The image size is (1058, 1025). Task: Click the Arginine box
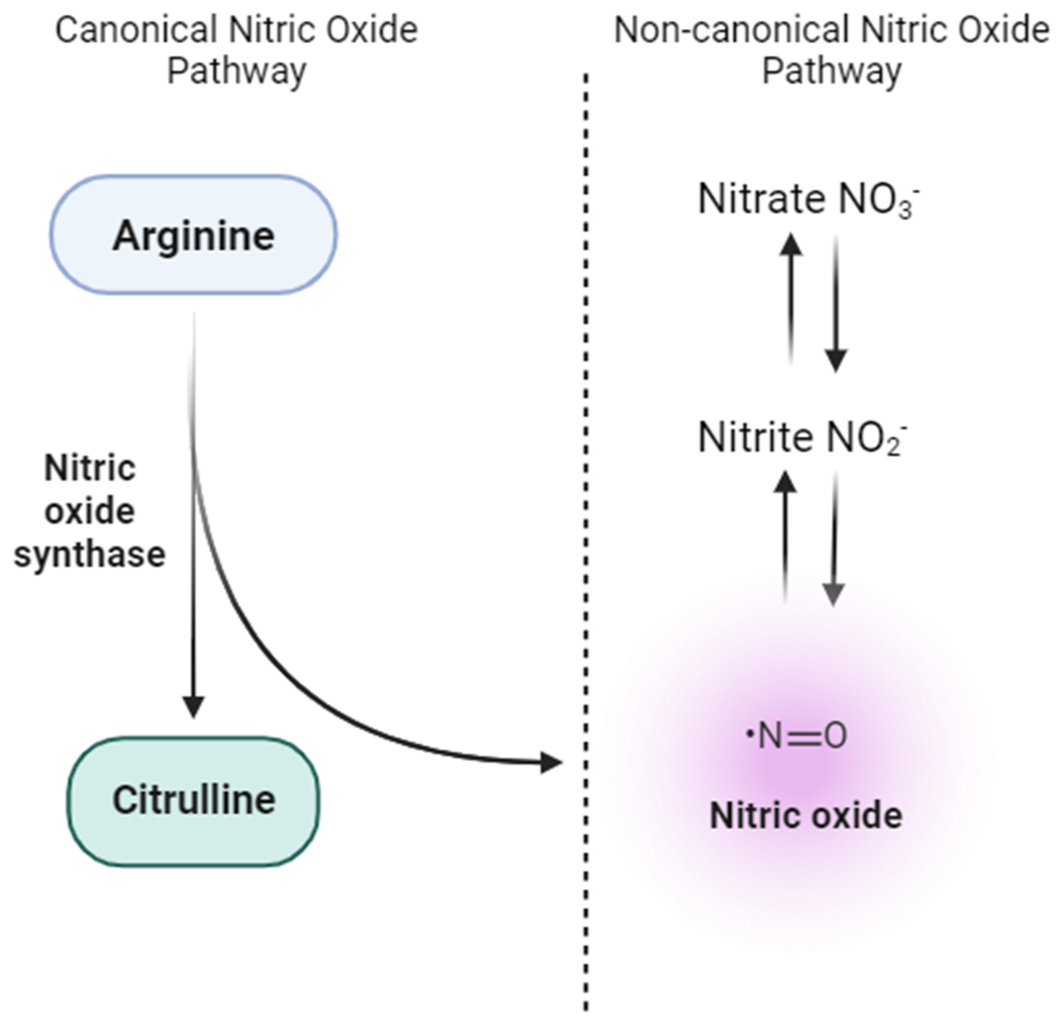[193, 235]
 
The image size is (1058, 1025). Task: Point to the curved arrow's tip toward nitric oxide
[554, 763]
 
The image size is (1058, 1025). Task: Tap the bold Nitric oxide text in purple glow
[806, 816]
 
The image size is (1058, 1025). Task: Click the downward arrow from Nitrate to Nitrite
[836, 302]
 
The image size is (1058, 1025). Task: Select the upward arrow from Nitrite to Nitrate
[791, 297]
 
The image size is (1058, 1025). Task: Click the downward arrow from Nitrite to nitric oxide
[834, 540]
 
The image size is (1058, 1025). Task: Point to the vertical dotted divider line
[586, 540]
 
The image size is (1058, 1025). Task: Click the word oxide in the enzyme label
[90, 512]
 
